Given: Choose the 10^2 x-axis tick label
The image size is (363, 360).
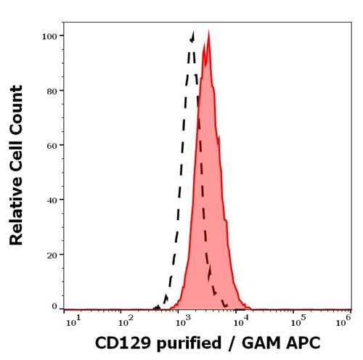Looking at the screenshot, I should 127,318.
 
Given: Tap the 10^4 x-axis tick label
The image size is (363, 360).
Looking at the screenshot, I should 240,318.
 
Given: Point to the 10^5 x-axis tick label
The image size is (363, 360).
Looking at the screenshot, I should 297,318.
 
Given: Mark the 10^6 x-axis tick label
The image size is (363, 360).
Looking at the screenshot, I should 347,318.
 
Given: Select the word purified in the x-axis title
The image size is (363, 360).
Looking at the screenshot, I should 181,342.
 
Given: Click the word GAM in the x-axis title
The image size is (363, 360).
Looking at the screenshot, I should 256,341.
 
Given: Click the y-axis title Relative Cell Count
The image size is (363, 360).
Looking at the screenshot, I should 17,165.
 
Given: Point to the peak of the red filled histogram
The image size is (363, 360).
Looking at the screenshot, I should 209,31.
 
